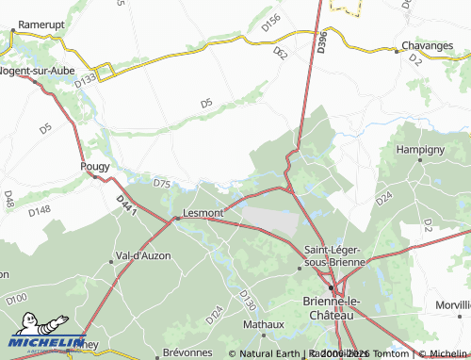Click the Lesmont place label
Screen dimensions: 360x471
tap(203, 213)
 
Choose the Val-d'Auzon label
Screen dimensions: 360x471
tap(140, 256)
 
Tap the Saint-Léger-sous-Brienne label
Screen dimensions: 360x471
tap(333, 255)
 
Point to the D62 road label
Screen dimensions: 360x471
tap(280, 54)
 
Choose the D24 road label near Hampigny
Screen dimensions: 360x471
tap(383, 199)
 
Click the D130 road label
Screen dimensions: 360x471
tap(248, 301)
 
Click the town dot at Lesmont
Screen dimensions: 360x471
tap(177, 220)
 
